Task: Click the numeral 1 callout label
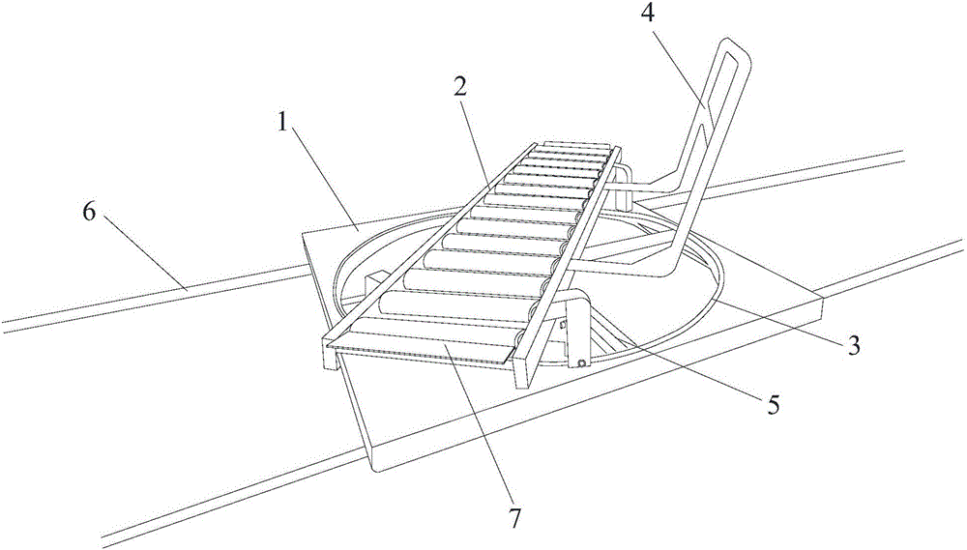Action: [282, 124]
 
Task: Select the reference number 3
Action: [853, 346]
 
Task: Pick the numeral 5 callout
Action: [773, 404]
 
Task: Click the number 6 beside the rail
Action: [89, 213]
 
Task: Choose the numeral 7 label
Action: [515, 518]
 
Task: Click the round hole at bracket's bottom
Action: [580, 362]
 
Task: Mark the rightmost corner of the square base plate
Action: [824, 299]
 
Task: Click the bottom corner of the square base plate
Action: [377, 473]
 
